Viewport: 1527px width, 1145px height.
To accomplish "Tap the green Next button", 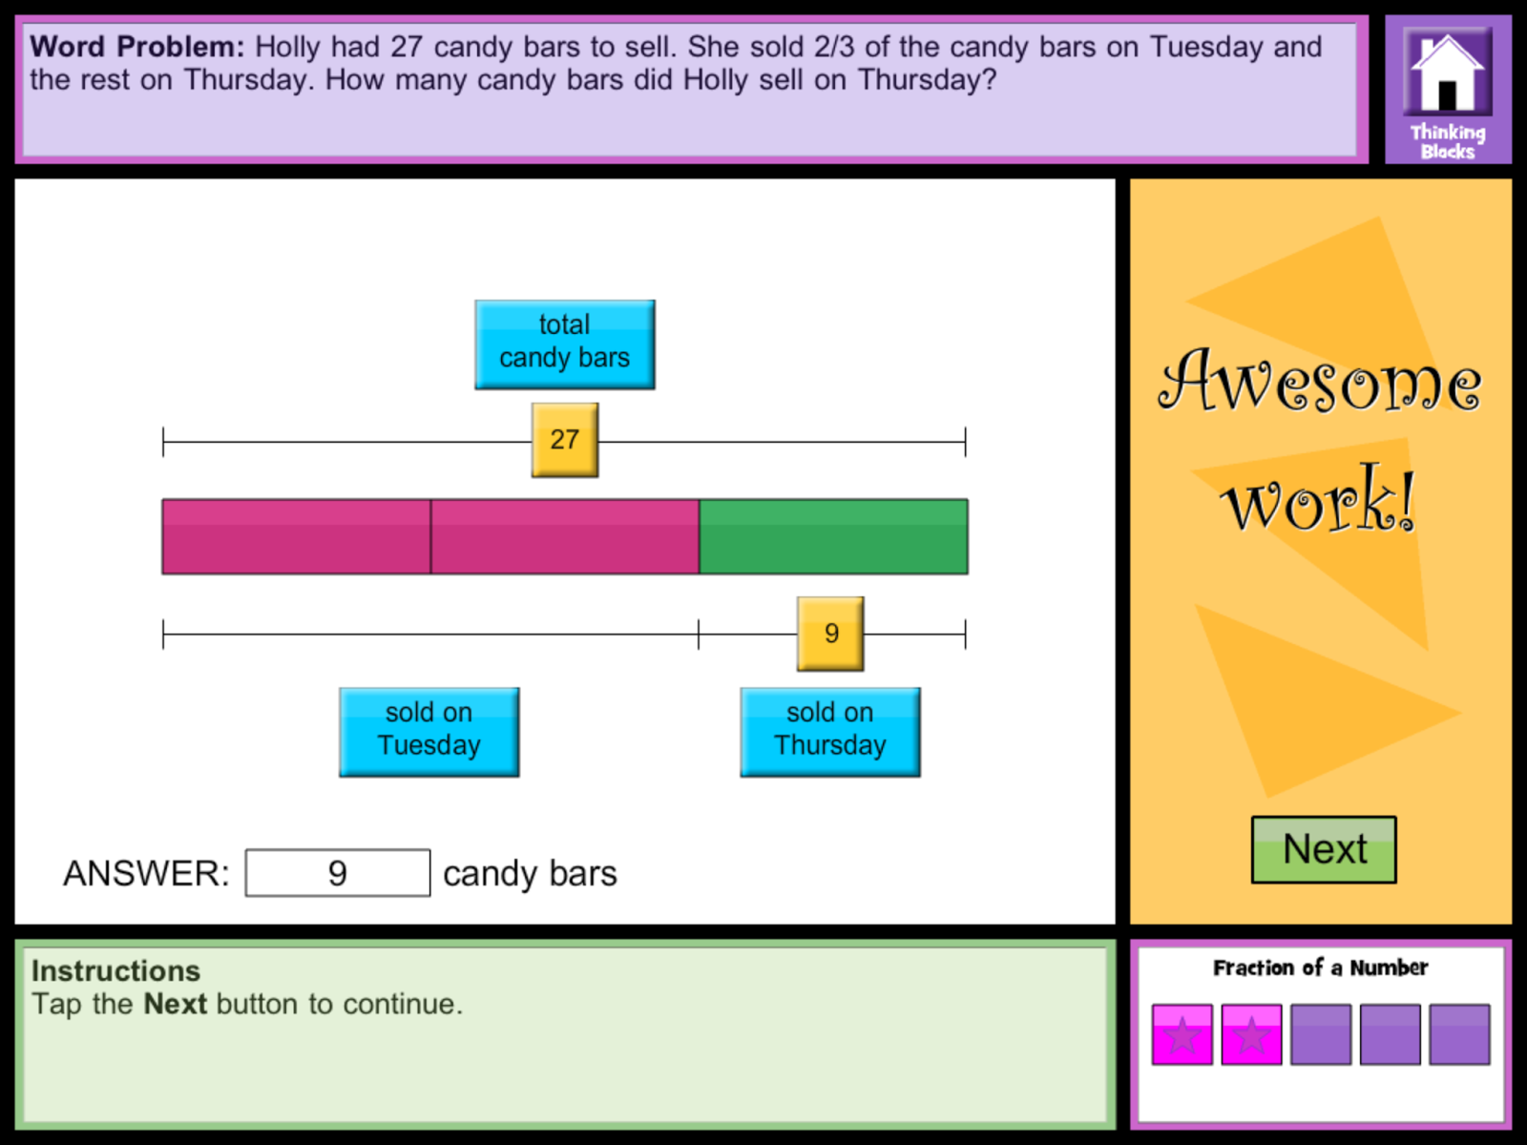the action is (x=1323, y=849).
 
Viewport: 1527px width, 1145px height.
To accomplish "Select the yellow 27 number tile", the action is (x=565, y=440).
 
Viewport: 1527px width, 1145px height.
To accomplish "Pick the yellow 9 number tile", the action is (x=830, y=634).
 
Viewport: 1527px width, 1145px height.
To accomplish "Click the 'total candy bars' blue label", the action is (x=565, y=344).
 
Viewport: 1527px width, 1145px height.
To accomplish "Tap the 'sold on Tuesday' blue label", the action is (x=429, y=732).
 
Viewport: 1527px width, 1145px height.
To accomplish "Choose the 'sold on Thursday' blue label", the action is (x=830, y=732).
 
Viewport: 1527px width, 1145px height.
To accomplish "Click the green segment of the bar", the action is (x=833, y=536).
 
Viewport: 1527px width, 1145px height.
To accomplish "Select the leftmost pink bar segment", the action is (x=296, y=536).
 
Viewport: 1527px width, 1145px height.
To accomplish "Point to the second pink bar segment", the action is (x=565, y=536).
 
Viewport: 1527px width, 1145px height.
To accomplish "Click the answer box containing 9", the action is (x=338, y=873).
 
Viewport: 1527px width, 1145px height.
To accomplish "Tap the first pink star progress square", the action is (x=1182, y=1034).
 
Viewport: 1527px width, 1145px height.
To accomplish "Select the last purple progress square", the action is (x=1459, y=1034).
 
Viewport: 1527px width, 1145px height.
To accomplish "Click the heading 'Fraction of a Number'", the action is (x=1320, y=968).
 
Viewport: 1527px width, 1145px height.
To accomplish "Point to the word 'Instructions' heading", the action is (x=115, y=970).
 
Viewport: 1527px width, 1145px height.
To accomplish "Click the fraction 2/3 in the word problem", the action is (x=834, y=47).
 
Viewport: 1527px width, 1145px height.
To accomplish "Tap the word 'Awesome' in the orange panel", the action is (x=1320, y=382).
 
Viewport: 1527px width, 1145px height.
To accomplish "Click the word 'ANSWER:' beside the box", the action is (x=146, y=873).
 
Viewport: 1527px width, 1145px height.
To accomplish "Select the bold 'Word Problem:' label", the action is (x=136, y=47).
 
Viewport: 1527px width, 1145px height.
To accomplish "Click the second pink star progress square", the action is (x=1251, y=1034).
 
